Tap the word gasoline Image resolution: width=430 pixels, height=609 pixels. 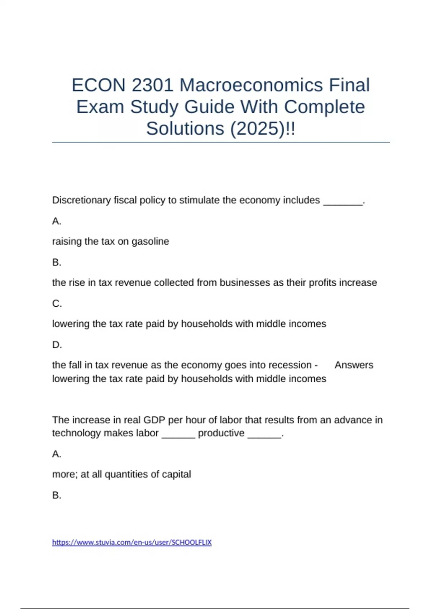pyautogui.click(x=150, y=241)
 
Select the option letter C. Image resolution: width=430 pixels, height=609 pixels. pyautogui.click(x=57, y=304)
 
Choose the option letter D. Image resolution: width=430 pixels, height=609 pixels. pyautogui.click(x=57, y=345)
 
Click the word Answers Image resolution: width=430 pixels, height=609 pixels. pyautogui.click(x=354, y=365)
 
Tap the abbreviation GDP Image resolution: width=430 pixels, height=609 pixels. pyautogui.click(x=154, y=420)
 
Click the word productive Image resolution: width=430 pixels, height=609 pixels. pyautogui.click(x=221, y=433)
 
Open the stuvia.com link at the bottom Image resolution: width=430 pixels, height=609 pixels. pyautogui.click(x=132, y=542)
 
